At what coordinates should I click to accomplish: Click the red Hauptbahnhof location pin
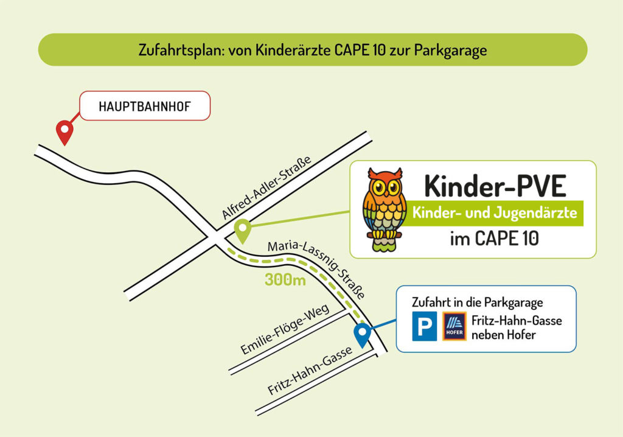pyautogui.click(x=64, y=131)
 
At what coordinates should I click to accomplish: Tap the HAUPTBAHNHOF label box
pyautogui.click(x=145, y=106)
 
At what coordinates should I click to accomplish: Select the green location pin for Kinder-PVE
pyautogui.click(x=243, y=230)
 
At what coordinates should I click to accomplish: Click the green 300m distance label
pyautogui.click(x=285, y=281)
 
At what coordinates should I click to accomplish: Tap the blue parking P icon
pyautogui.click(x=424, y=327)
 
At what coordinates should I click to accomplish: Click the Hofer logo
pyautogui.click(x=454, y=327)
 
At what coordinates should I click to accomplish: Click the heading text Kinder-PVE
pyautogui.click(x=495, y=185)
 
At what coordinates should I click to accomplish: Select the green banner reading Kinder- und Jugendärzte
pyautogui.click(x=494, y=214)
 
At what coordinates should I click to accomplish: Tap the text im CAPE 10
pyautogui.click(x=494, y=239)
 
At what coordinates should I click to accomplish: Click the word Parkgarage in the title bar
pyautogui.click(x=450, y=50)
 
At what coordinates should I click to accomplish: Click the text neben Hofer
pyautogui.click(x=503, y=334)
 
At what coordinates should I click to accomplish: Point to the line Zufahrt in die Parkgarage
pyautogui.click(x=477, y=302)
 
